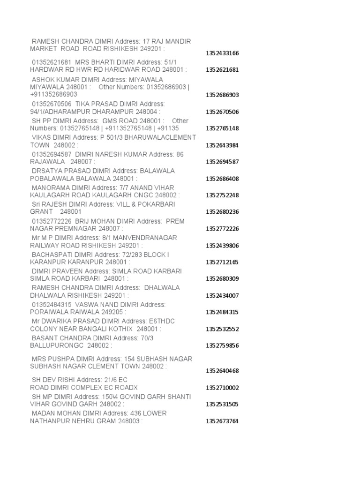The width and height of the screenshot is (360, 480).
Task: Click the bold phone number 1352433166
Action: pos(222,53)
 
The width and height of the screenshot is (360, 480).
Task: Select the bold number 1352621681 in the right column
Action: pos(222,70)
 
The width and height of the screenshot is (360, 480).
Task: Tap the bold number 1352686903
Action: pos(222,95)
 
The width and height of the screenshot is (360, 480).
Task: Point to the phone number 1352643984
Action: pos(222,145)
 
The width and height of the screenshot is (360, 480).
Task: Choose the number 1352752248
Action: pos(222,195)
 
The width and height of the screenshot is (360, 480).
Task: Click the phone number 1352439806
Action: pos(222,245)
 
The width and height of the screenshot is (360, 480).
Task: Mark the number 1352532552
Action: pos(222,329)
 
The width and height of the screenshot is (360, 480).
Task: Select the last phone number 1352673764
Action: pos(222,421)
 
